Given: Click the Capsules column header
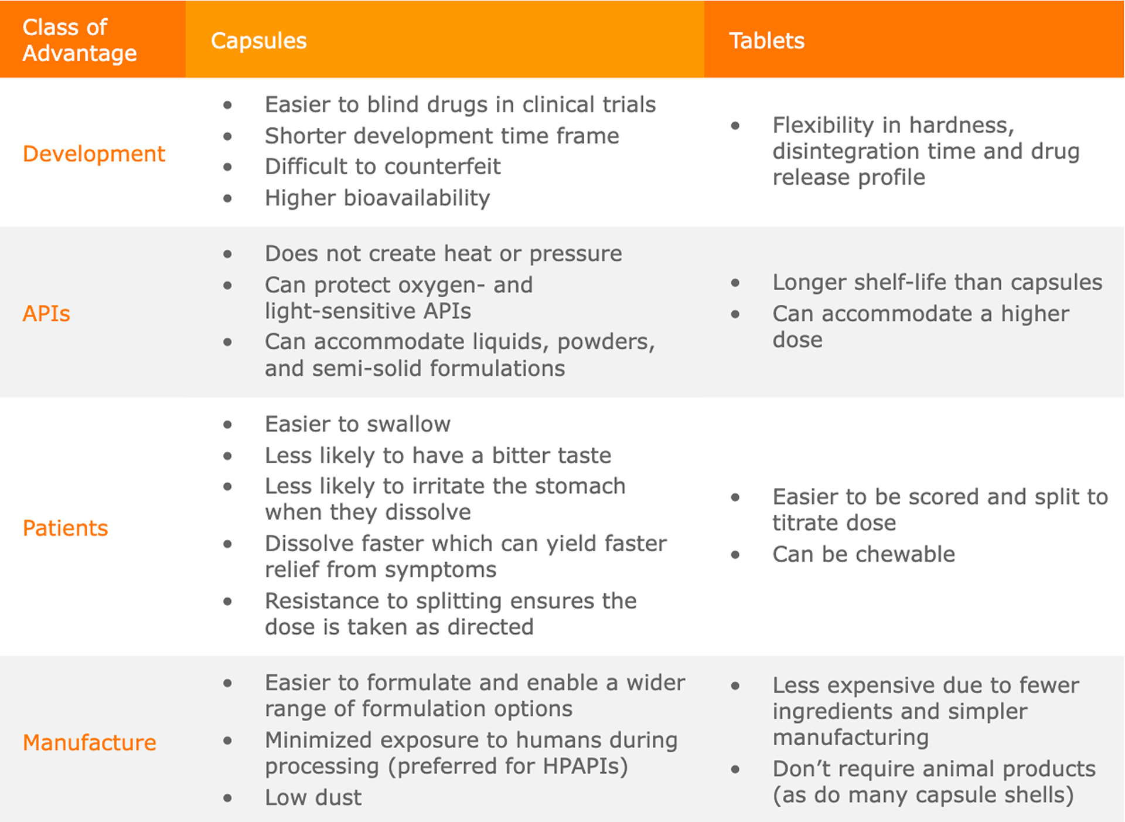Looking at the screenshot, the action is tap(258, 41).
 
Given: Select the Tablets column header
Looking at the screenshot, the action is tap(766, 41).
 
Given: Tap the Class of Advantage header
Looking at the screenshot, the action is tap(80, 40).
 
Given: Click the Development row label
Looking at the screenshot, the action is tap(94, 154).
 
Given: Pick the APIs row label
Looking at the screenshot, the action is tap(46, 314).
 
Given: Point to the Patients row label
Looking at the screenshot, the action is tap(65, 528).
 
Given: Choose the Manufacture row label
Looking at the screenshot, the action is tap(89, 743).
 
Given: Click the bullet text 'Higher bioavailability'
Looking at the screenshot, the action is tap(377, 198).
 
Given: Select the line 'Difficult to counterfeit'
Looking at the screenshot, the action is tap(383, 167).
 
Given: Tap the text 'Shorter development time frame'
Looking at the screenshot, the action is tap(442, 136).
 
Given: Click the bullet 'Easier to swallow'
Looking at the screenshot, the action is tap(357, 424).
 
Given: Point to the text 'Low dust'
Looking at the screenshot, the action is tap(313, 797).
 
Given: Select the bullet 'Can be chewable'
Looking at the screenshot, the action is tap(864, 554).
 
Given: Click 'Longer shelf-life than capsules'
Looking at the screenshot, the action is tap(937, 283).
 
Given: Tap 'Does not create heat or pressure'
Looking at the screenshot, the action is tap(444, 254).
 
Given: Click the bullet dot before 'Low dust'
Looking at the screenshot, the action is tap(227, 798).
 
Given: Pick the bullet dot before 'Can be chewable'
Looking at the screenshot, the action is tap(735, 555).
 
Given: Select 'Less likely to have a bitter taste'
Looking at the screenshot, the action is tap(438, 456).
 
